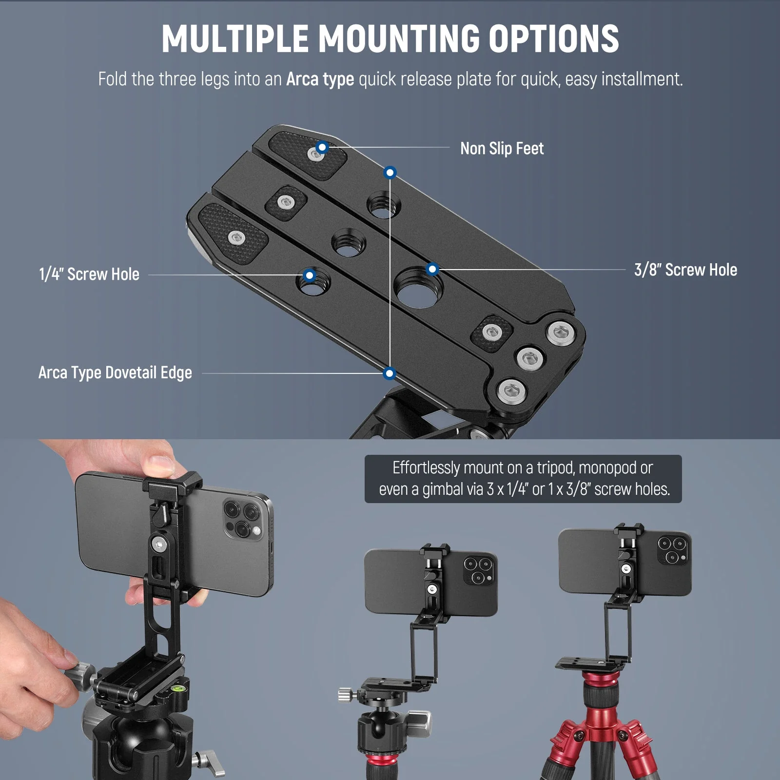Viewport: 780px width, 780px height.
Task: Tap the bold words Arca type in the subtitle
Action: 320,79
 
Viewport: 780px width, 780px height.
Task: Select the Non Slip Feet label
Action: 502,148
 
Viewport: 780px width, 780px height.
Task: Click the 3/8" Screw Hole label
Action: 685,270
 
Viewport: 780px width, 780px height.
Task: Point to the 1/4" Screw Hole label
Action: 89,274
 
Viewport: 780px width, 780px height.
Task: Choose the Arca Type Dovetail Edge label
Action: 115,373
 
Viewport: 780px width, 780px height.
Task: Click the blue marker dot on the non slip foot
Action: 322,147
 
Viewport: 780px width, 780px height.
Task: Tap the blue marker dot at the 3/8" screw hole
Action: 432,269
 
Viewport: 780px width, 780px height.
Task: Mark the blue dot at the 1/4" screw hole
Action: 309,275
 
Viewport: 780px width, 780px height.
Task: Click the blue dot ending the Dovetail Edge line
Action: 389,373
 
